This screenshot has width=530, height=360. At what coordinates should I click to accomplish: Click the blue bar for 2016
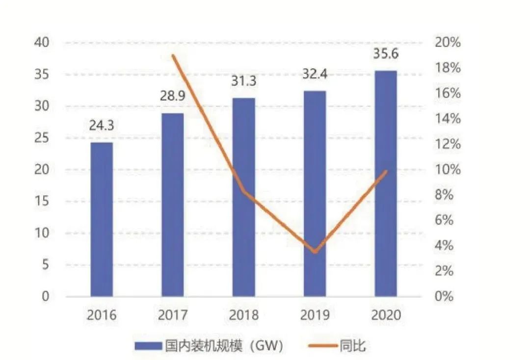pos(102,219)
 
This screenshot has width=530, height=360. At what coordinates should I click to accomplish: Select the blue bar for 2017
pos(173,205)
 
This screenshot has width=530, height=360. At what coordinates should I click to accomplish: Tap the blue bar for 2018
pos(244,197)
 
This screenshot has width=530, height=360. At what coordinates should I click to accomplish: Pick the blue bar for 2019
pos(315,194)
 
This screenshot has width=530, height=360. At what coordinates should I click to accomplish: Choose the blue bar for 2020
pos(386,183)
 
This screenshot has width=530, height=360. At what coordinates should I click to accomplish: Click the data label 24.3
pos(102,126)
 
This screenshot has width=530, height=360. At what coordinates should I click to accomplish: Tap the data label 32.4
pos(315,75)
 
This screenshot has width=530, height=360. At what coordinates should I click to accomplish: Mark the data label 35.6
pos(386,54)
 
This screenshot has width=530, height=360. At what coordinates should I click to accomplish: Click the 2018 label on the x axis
pos(244,315)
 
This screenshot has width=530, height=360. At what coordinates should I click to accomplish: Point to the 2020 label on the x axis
pos(386,315)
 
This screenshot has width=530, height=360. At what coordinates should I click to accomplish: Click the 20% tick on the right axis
pos(448,43)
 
